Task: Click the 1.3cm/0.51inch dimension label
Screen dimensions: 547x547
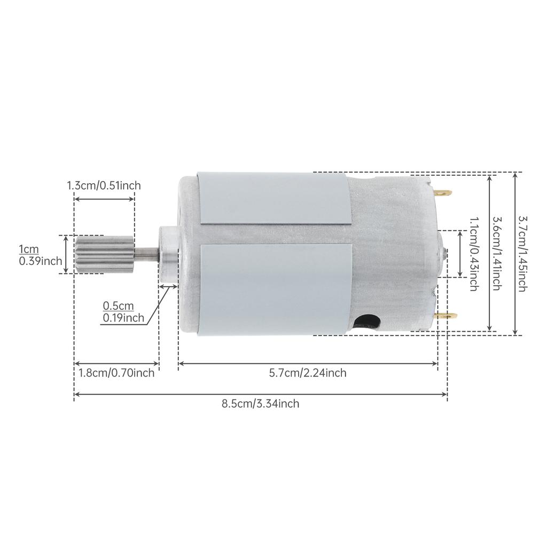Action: (x=104, y=186)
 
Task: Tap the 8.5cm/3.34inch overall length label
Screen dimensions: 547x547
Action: (x=260, y=404)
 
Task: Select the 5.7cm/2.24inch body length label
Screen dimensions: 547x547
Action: (x=308, y=373)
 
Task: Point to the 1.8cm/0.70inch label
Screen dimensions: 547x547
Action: (x=116, y=373)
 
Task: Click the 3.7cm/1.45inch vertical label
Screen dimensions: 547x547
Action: (x=523, y=253)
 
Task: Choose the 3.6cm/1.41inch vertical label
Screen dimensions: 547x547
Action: (x=496, y=253)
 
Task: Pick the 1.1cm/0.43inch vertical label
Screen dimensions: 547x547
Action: (x=473, y=253)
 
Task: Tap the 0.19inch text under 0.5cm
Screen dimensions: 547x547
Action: (x=123, y=318)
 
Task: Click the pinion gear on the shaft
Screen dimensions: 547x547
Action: (x=105, y=254)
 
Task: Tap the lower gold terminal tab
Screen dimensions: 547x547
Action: (x=447, y=316)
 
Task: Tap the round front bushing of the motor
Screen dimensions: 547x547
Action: (x=167, y=254)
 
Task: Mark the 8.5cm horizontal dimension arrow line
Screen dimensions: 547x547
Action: (x=260, y=395)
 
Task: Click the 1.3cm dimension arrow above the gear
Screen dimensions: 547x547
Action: (x=104, y=199)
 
